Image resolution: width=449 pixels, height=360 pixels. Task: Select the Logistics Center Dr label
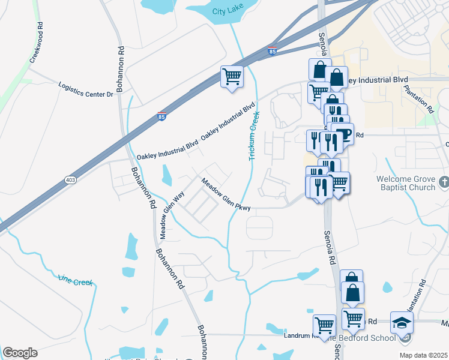click(x=86, y=90)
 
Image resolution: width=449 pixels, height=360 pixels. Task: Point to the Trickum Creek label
click(x=254, y=136)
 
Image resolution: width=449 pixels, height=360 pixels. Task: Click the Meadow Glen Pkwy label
click(x=225, y=194)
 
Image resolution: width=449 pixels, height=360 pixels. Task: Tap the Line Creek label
click(x=76, y=279)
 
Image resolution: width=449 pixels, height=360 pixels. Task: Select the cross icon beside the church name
click(x=444, y=181)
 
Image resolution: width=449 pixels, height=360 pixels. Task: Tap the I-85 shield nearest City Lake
click(x=272, y=53)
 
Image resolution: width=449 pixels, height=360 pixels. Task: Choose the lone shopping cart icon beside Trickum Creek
click(x=232, y=76)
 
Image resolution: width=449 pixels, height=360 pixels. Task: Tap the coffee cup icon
click(x=342, y=133)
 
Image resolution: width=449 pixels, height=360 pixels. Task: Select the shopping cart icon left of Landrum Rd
click(x=324, y=325)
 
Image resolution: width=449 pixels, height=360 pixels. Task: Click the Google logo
click(x=20, y=353)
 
